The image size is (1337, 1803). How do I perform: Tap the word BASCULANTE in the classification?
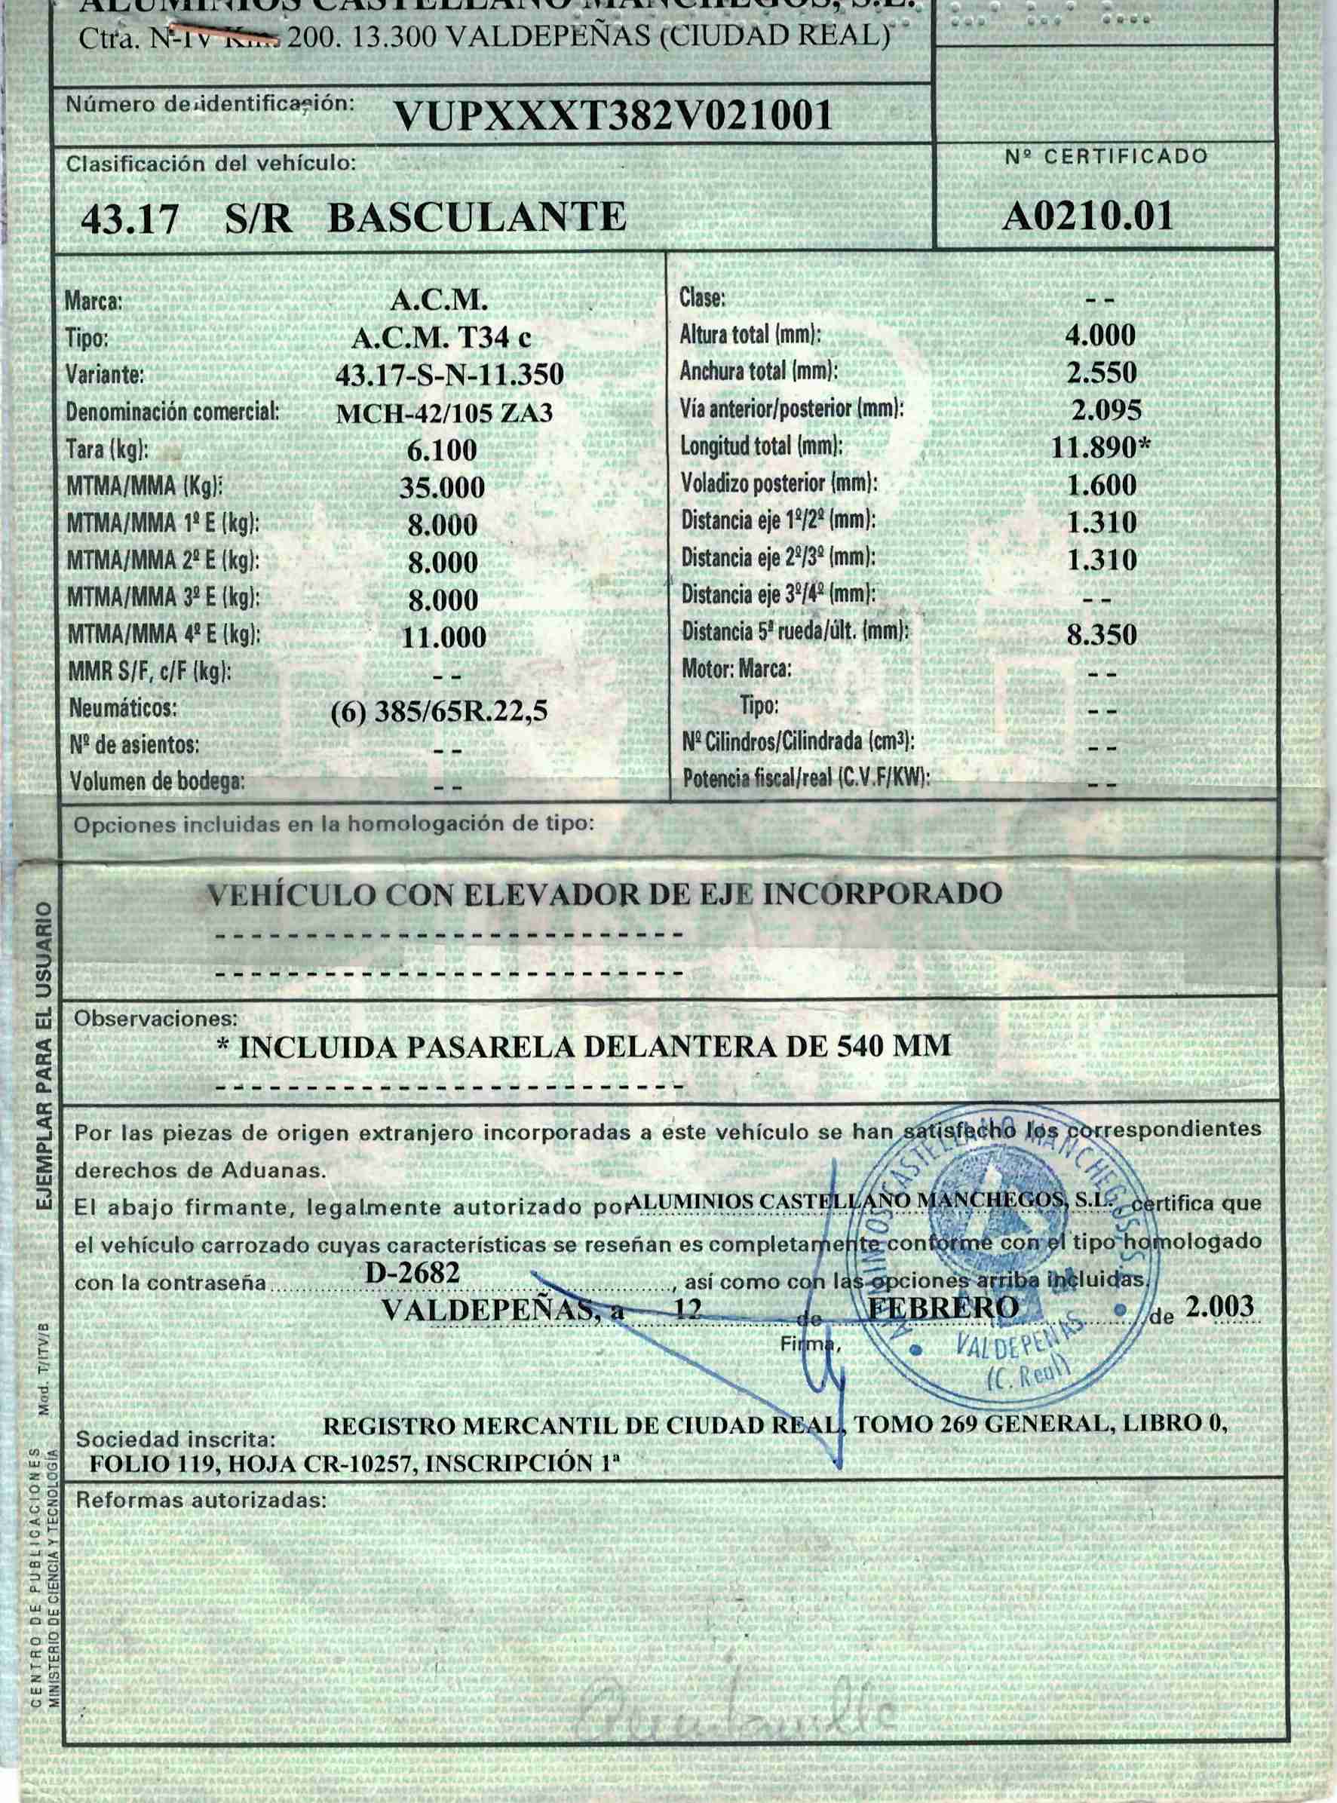(477, 217)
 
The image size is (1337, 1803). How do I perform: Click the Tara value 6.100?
(442, 450)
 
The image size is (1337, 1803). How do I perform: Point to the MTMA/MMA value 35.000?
(442, 487)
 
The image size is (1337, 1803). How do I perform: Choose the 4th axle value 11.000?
(443, 638)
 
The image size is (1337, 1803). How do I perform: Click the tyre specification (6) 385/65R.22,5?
(440, 711)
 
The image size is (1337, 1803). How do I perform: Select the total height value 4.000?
(1101, 335)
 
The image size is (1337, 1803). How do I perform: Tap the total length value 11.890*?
(1101, 447)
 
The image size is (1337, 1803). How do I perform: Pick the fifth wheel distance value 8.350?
(1101, 634)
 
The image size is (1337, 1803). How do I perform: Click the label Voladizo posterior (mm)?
(778, 484)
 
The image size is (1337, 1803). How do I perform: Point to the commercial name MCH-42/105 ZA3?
(444, 413)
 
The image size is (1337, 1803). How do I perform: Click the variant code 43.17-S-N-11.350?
(449, 375)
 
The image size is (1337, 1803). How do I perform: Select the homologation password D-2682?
(412, 1273)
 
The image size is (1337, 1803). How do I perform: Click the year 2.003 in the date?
(1218, 1306)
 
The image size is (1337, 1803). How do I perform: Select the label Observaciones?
(156, 1019)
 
